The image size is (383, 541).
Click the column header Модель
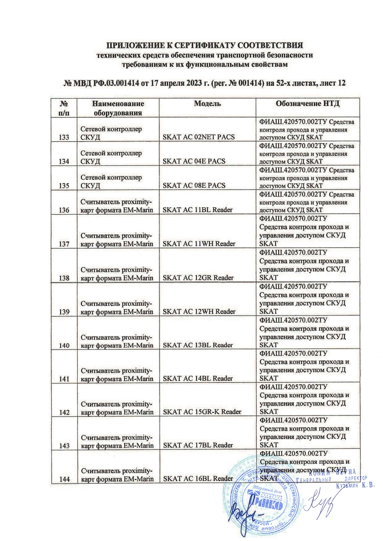pyautogui.click(x=207, y=104)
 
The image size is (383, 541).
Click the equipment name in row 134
pyautogui.click(x=111, y=157)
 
